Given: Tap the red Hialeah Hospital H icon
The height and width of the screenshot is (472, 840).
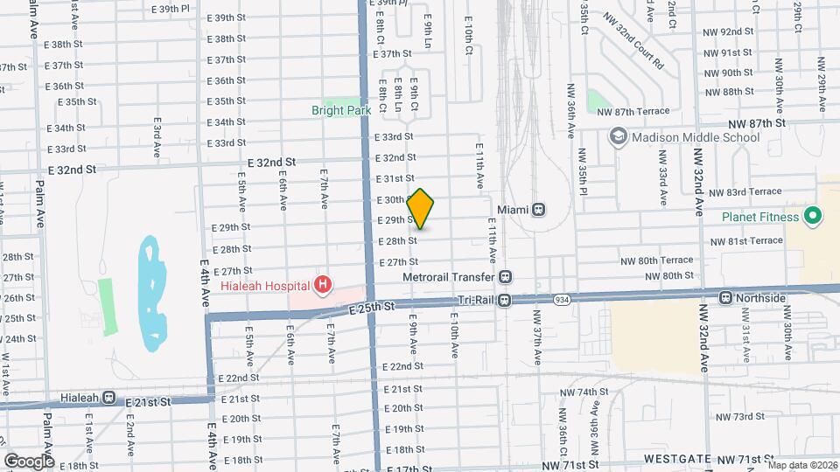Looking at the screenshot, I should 324,284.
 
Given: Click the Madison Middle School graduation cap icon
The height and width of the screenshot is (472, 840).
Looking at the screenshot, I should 619,137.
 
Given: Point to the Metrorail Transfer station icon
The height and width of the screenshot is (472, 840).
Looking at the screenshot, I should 505,276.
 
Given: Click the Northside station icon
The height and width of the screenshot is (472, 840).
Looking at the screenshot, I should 725,298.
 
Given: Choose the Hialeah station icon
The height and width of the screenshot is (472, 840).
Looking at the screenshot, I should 108,397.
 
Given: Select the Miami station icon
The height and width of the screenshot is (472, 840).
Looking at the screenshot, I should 539,210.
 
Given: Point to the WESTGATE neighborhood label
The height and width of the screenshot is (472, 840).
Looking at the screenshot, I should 678,458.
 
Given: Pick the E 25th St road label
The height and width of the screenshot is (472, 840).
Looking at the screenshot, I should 372,308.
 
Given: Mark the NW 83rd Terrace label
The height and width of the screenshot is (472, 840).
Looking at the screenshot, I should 745,192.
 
